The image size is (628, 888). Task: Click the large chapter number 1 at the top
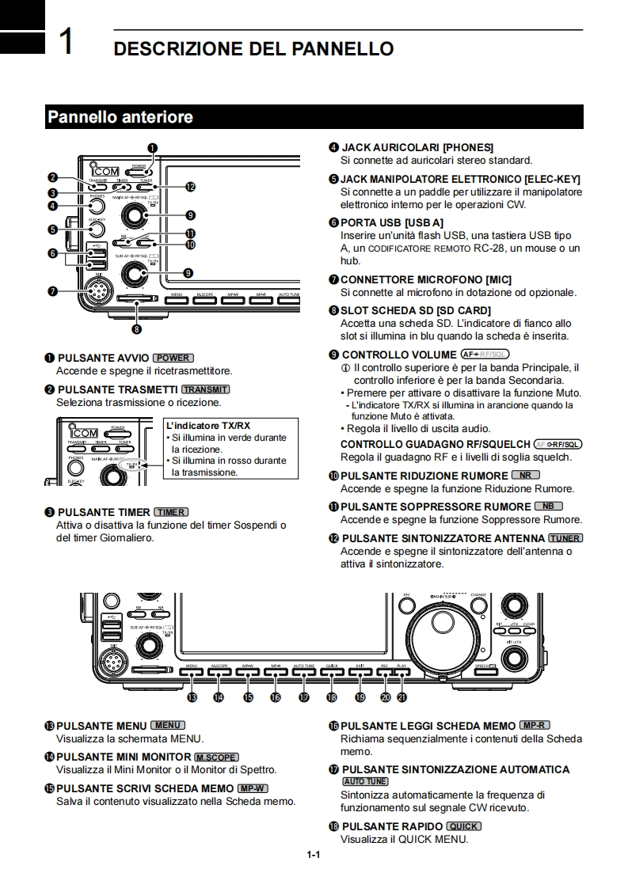pos(67,42)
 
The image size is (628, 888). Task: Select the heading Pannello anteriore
pos(120,117)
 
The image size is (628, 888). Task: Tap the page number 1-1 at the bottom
pos(314,855)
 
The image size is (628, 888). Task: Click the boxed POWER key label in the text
pos(173,358)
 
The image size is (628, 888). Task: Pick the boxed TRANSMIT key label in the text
pos(205,389)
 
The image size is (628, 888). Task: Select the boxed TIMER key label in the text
pos(171,512)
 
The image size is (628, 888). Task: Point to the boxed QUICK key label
pos(463,826)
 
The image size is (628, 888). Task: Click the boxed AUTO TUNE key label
pos(366,781)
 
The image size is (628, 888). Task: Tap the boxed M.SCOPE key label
pos(216,757)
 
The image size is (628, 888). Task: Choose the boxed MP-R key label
pos(535,725)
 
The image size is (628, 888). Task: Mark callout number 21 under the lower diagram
pos(402,697)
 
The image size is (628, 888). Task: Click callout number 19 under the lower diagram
pos(360,697)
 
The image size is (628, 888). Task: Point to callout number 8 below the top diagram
pos(137,328)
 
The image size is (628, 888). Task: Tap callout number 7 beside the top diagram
pos(52,290)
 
